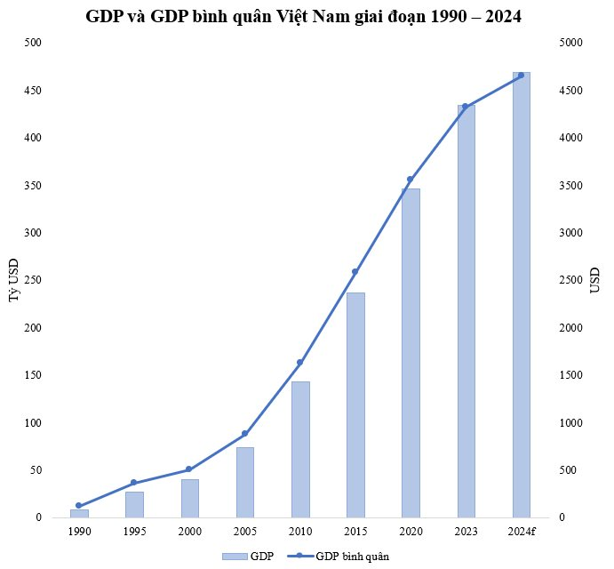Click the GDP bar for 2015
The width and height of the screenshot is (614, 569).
tap(355, 405)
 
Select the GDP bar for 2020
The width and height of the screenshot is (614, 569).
tap(411, 352)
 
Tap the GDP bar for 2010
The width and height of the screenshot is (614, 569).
tap(300, 449)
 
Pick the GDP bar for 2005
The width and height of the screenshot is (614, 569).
tap(245, 482)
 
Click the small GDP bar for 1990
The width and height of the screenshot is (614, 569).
tap(79, 513)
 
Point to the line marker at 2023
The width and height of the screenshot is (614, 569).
tap(465, 107)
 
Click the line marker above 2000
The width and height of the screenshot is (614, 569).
tap(188, 469)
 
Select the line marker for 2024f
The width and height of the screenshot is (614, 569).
tap(521, 76)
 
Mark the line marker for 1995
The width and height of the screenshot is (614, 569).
tap(133, 483)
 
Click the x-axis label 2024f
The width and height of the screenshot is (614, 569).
tap(521, 532)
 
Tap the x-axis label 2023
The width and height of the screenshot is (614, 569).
tap(466, 532)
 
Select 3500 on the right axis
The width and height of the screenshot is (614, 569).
tap(572, 186)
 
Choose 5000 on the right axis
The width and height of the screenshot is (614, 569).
tap(572, 43)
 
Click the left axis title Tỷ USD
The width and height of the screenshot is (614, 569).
tap(13, 281)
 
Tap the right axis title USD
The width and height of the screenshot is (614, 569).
tap(595, 281)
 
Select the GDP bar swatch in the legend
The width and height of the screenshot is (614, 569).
tap(234, 556)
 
